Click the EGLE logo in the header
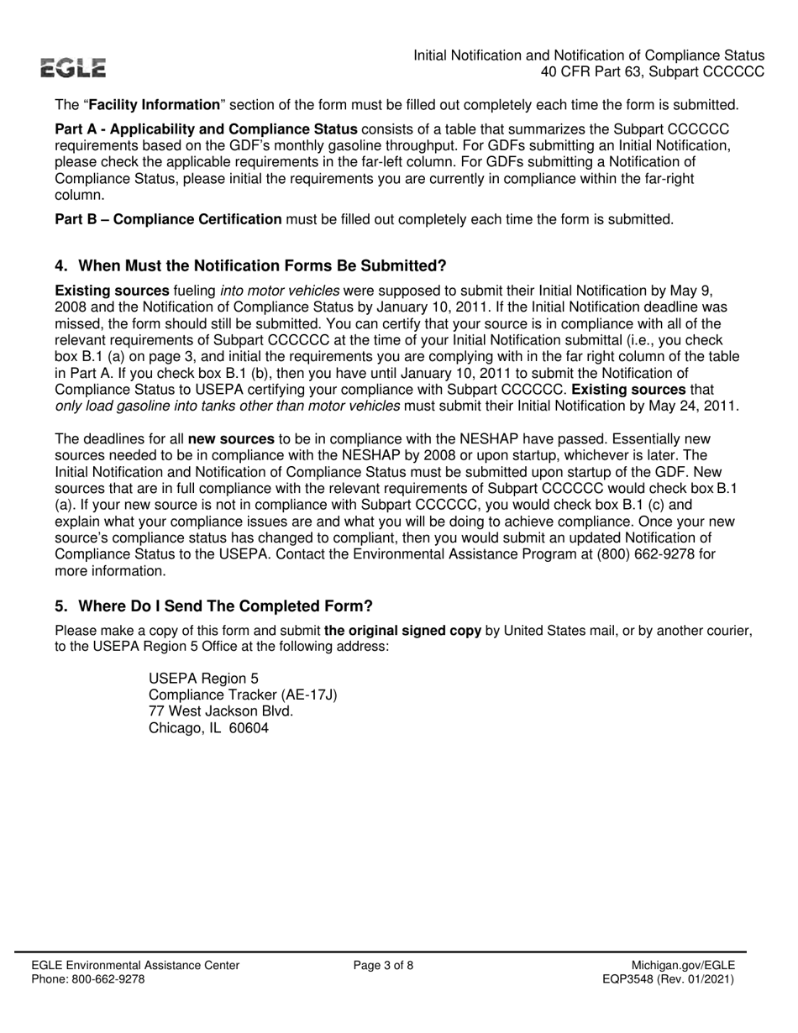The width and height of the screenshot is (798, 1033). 75,69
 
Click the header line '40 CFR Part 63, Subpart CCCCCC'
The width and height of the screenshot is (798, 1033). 652,72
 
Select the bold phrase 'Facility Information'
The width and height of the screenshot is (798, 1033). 154,106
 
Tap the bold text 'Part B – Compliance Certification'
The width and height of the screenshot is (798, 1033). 168,220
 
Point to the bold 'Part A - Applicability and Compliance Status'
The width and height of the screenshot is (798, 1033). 207,129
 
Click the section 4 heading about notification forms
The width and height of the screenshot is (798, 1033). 250,266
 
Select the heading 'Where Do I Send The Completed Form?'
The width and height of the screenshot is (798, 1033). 213,606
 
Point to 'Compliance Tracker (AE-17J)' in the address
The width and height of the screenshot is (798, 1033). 243,695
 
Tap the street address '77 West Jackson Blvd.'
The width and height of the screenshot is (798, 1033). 221,711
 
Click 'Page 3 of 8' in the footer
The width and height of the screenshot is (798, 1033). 384,966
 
